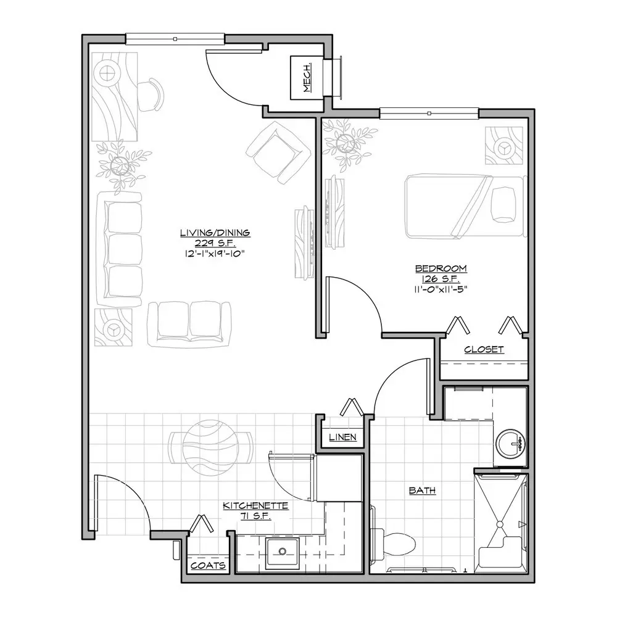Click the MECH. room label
pos(307,78)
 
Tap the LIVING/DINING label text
pos(215,233)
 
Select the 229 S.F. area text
pos(215,242)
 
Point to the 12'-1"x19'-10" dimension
pos(215,253)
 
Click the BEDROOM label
pos(441,268)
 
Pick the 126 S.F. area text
pos(441,279)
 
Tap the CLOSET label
pos(484,349)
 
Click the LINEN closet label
pos(342,437)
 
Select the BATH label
pos(422,491)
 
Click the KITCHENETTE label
pos(255,505)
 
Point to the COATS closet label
pos(208,565)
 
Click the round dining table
pos(210,448)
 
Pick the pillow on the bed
pos(503,205)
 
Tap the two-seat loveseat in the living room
pos(189,325)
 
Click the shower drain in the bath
pos(500,524)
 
